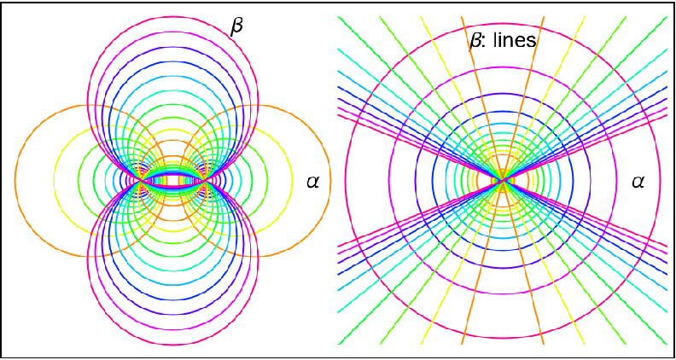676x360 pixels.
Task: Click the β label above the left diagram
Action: [x=237, y=26]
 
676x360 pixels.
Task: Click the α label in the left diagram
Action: [x=312, y=180]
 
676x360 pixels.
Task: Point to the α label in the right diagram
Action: [x=638, y=180]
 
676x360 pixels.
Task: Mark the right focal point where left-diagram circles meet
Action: [x=206, y=180]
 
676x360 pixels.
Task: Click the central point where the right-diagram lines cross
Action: [x=504, y=180]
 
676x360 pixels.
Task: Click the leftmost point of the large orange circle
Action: [x=15, y=180]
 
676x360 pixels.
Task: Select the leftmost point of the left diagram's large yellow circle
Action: [x=54, y=180]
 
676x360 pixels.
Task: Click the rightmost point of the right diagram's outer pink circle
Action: [x=661, y=180]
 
